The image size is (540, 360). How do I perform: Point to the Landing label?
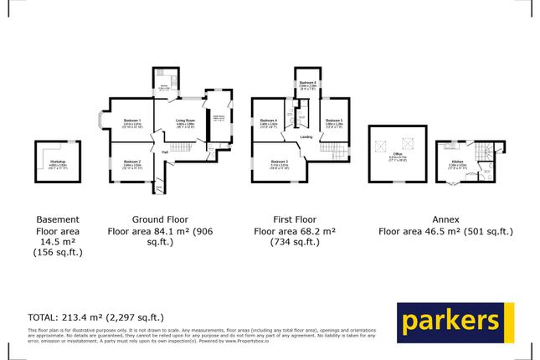coord(307,138)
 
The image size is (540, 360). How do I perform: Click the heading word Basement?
coord(58,216)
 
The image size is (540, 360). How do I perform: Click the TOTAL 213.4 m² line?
coord(96,316)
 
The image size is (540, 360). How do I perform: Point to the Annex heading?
coord(445,216)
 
